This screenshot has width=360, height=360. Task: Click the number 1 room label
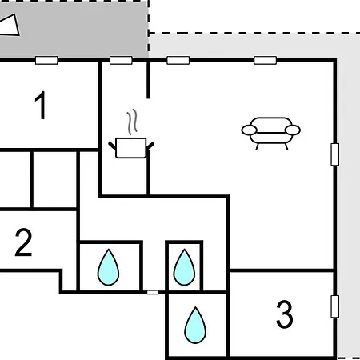41,106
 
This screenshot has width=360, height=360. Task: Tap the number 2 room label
23,242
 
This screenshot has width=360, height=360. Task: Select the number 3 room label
285,314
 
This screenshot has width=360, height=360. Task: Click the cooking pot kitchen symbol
131,147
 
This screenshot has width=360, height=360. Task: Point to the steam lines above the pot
132,122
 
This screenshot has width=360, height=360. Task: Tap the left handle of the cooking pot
112,146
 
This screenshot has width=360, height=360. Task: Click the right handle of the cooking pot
150,146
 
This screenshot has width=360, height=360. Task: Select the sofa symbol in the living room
271,133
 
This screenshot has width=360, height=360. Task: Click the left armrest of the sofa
250,130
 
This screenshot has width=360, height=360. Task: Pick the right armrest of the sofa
293,130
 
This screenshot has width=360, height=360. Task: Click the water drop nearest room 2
108,267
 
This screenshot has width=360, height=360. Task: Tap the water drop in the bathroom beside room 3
195,325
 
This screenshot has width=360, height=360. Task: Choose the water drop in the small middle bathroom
184,267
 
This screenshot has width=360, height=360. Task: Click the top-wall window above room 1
46,60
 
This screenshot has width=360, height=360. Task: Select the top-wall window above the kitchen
121,60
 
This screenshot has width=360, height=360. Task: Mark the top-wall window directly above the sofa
265,60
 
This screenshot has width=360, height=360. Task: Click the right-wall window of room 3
335,306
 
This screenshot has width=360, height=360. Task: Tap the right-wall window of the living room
335,154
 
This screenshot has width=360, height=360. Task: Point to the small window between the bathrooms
153,293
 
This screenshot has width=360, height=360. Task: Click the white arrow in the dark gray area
10,26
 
